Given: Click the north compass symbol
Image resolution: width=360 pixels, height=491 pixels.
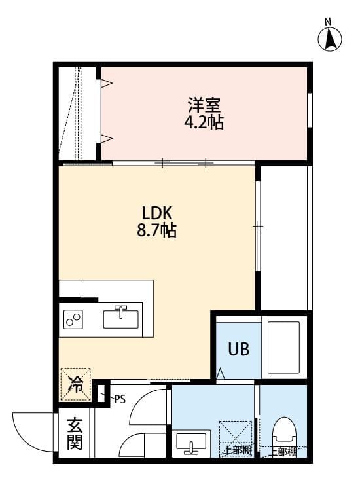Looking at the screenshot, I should click(331, 39).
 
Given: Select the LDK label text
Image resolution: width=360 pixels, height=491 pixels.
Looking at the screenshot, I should click(156, 213).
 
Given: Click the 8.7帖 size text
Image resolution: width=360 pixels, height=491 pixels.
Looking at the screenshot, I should click(156, 230).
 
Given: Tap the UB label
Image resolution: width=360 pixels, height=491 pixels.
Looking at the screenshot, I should click(238, 348).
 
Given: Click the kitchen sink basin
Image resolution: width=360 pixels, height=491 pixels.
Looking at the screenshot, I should click(121, 319).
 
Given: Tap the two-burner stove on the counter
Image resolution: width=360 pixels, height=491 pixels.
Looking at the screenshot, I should click(73, 319).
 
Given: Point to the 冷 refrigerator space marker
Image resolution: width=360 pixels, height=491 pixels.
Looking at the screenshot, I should click(75, 384).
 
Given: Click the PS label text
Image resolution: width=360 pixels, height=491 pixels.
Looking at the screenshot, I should click(119, 398).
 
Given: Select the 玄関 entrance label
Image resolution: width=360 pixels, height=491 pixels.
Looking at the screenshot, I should click(74, 433).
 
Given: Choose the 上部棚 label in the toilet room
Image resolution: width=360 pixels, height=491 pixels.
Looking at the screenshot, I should click(282, 452).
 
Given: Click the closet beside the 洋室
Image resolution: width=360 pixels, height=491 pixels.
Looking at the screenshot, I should click(77, 113).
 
